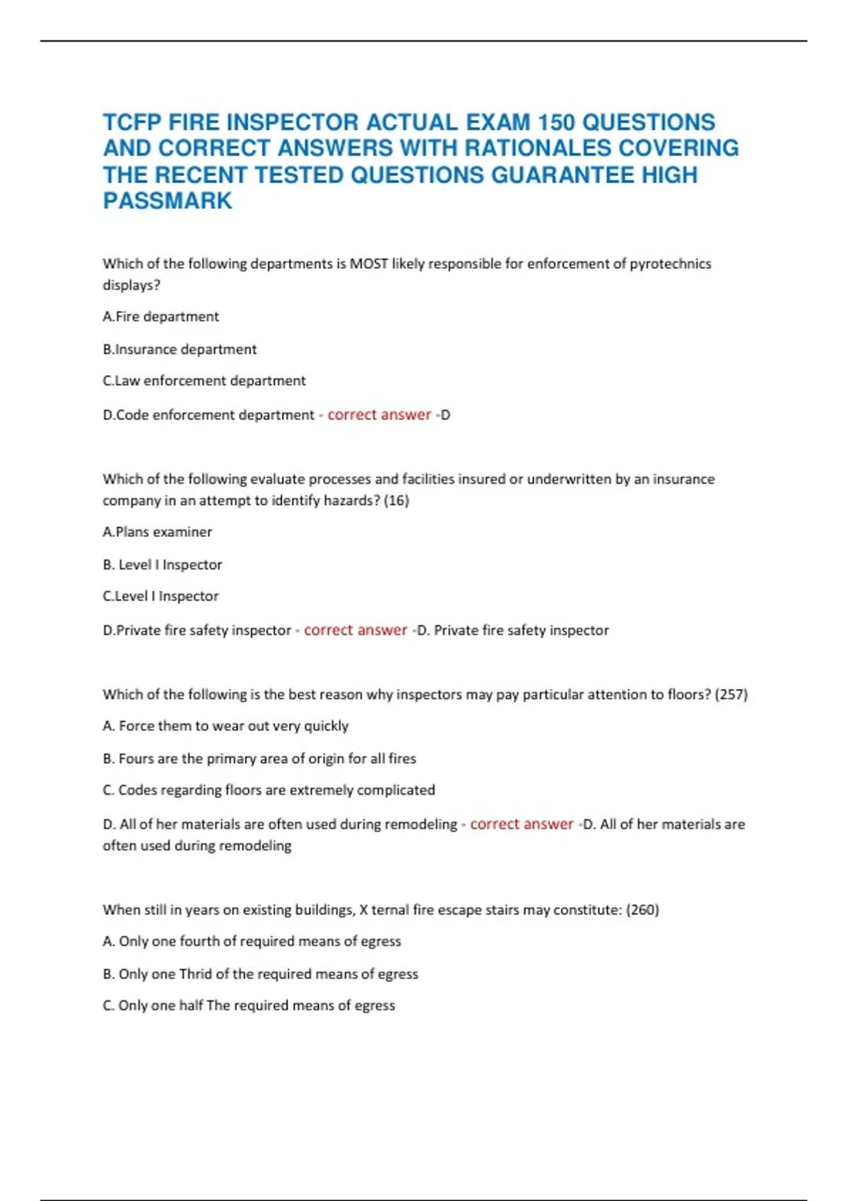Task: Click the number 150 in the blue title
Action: tap(556, 122)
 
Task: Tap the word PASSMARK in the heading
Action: tap(167, 201)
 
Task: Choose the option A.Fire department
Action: tap(161, 316)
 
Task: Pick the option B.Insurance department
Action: tap(179, 349)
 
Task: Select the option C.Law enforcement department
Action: tap(204, 381)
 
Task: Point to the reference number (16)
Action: tap(396, 500)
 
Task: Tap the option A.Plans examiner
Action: tap(157, 532)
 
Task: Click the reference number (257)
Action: tap(731, 694)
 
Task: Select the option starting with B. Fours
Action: tap(259, 759)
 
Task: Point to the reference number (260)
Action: tap(642, 910)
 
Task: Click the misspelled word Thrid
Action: tap(196, 974)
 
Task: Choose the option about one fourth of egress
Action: tap(252, 942)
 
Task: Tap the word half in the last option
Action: tap(191, 1005)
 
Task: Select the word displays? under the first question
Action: tap(131, 285)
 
